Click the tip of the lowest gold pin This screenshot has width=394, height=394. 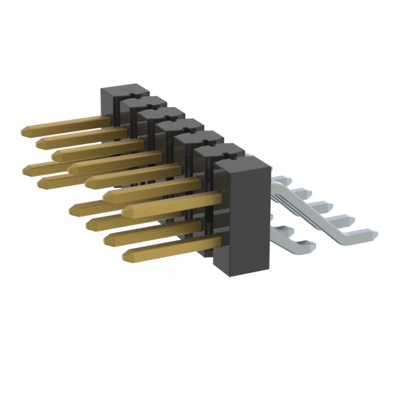pyautogui.click(x=127, y=254)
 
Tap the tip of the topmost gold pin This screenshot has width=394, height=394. pyautogui.click(x=25, y=131)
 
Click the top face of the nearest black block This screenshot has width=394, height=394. pyautogui.click(x=241, y=161)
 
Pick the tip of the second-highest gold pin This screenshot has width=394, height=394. pyautogui.click(x=41, y=143)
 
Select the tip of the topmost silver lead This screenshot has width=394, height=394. pyautogui.click(x=284, y=179)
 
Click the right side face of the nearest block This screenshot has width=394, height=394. pyautogui.click(x=261, y=215)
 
